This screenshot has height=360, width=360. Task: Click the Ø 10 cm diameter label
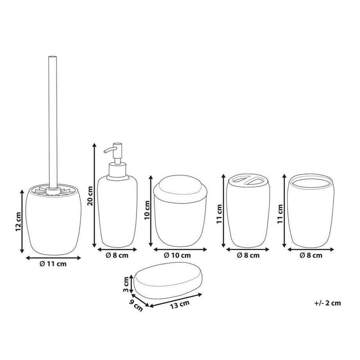(177, 255)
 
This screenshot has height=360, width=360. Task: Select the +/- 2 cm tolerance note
(328, 302)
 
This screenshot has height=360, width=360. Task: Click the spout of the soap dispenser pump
(108, 149)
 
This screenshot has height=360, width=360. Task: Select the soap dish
(169, 280)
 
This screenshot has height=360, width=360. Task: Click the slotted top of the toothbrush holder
(248, 181)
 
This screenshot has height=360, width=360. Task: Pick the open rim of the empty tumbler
(311, 182)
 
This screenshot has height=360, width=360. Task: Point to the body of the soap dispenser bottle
(117, 211)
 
